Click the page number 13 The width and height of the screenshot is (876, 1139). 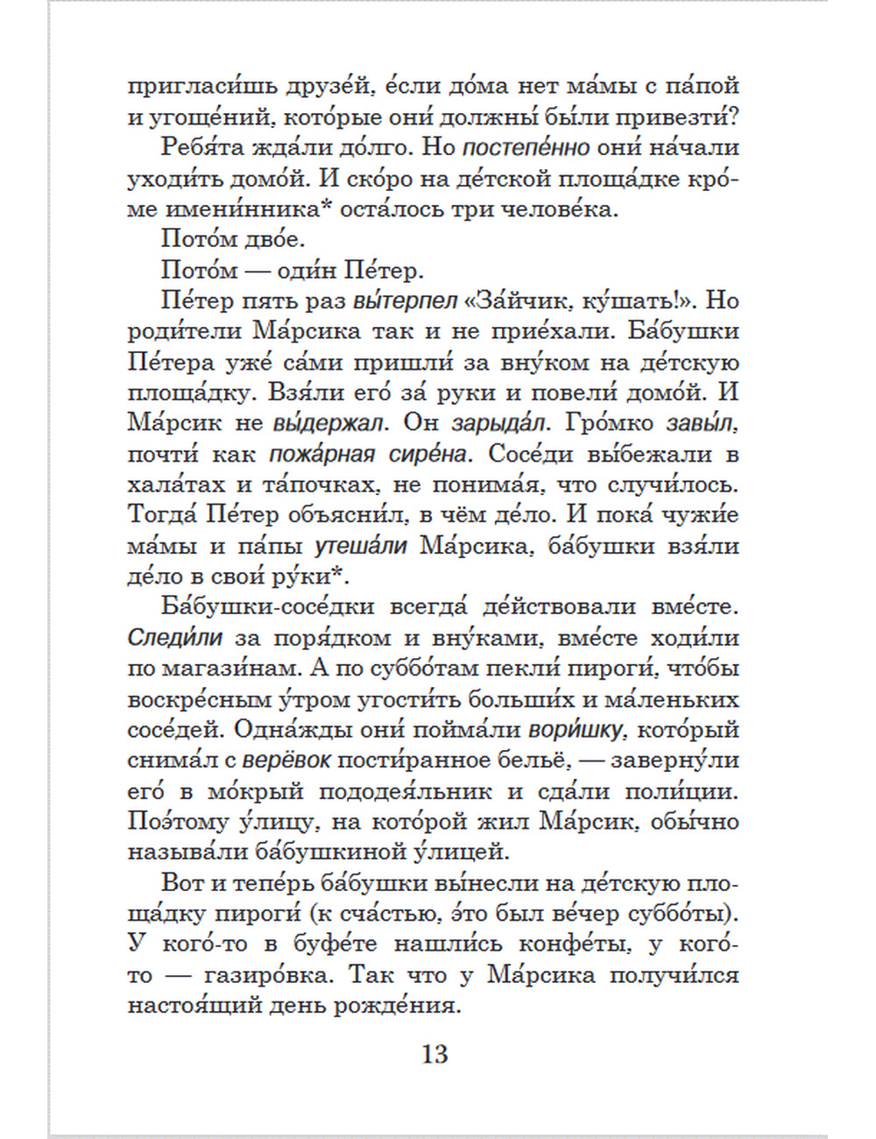click(434, 1052)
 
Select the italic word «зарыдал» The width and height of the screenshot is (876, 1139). click(498, 423)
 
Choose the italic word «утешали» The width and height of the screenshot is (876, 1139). click(361, 546)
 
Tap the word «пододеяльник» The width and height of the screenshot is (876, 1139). click(416, 791)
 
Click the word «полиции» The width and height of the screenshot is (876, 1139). click(682, 791)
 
